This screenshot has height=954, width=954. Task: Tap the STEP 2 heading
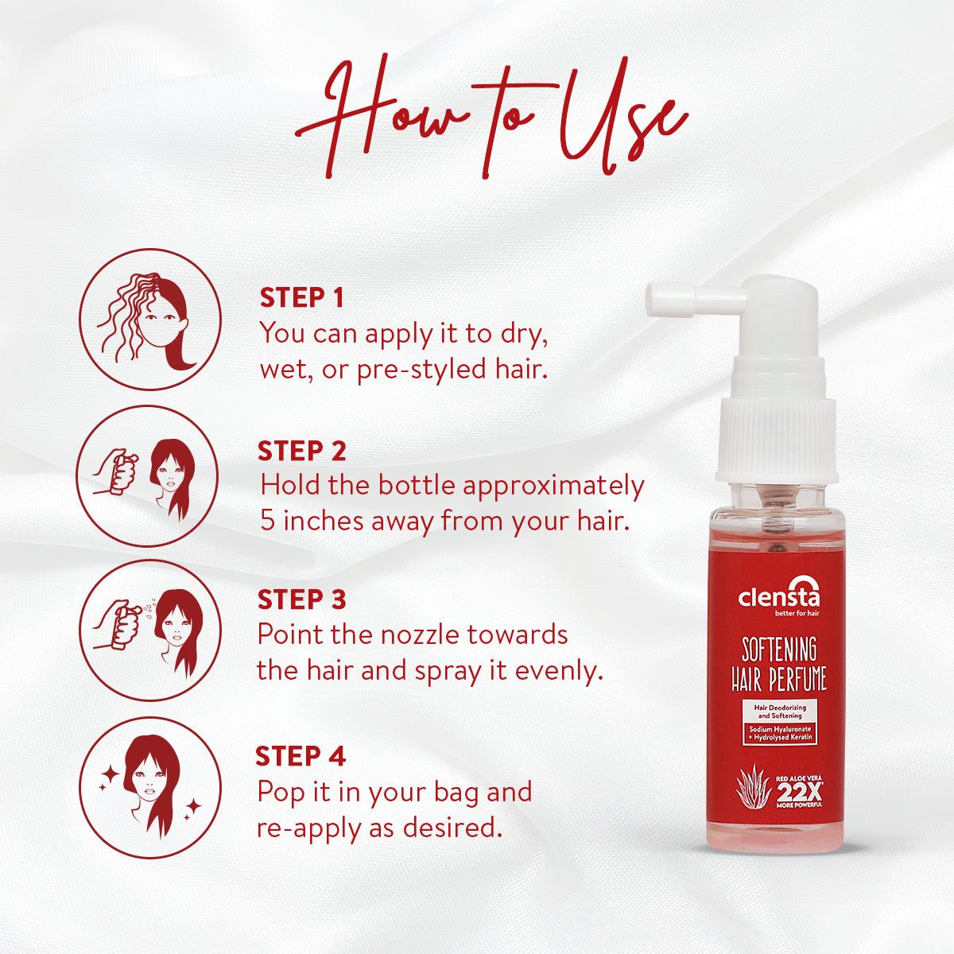pyautogui.click(x=301, y=451)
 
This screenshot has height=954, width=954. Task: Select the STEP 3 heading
pyautogui.click(x=301, y=599)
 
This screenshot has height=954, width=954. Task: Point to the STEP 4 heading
pyautogui.click(x=301, y=756)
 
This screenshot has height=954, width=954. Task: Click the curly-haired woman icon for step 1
pyautogui.click(x=150, y=320)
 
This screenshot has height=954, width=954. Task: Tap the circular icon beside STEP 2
pyautogui.click(x=149, y=475)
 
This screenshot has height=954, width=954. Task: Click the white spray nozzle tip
pyautogui.click(x=661, y=297)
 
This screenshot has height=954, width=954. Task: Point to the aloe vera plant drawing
pyautogui.click(x=753, y=787)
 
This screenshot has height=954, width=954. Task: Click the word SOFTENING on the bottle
pyautogui.click(x=780, y=650)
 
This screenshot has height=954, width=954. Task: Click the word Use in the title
pyautogui.click(x=620, y=119)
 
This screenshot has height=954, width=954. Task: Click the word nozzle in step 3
pyautogui.click(x=413, y=635)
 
